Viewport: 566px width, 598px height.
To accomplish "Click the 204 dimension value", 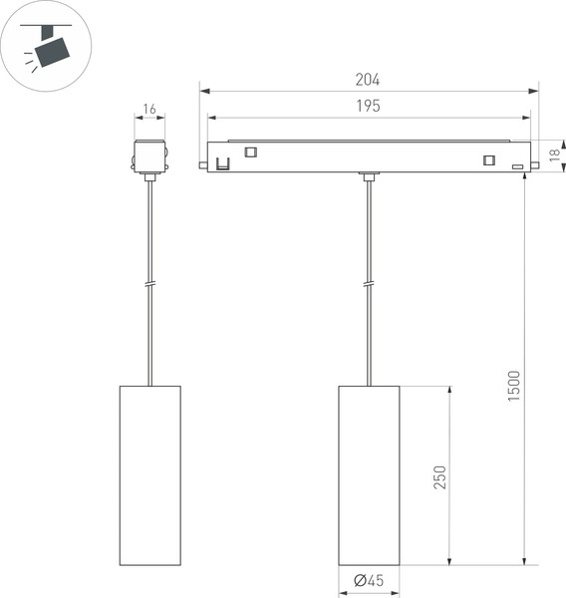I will click(368, 80).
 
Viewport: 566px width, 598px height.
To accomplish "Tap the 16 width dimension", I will click(149, 109).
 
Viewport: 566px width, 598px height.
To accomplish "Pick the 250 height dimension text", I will click(438, 476).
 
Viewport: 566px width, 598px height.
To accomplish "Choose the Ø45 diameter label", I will click(369, 580).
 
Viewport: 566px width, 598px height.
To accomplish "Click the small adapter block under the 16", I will click(149, 156).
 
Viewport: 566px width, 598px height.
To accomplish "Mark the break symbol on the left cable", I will click(149, 285).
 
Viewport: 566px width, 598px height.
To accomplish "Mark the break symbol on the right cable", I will click(369, 285).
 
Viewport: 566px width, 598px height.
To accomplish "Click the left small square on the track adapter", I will click(250, 152).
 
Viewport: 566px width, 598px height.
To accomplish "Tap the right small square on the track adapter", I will click(488, 160).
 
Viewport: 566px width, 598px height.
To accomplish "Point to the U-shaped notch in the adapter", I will click(223, 162).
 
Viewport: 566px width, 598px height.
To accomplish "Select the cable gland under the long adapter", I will click(369, 177).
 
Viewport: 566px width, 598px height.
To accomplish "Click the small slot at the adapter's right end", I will click(517, 166).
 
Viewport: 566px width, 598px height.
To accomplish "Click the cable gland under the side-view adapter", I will click(149, 177).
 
